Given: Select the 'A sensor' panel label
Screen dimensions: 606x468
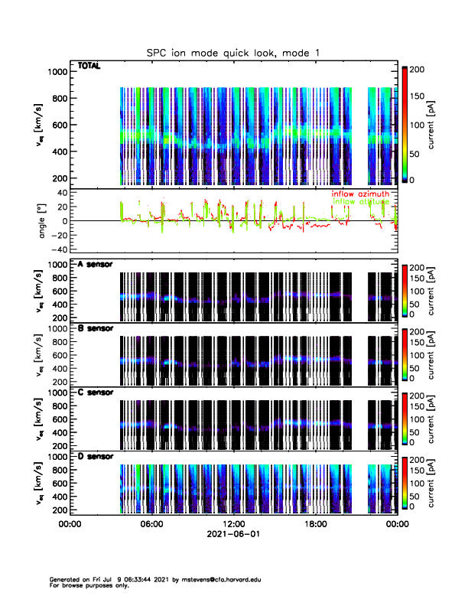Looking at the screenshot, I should [96, 265].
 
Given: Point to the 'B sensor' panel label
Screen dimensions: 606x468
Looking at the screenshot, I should [96, 329].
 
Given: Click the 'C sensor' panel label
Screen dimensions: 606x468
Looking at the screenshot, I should [96, 393].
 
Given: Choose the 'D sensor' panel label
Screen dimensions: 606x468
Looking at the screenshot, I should [96, 457].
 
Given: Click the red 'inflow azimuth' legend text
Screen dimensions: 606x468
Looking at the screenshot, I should [359, 194].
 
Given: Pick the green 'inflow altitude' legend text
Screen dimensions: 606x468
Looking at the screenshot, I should [359, 202].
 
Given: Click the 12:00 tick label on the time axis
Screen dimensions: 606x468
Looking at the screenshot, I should [233, 525].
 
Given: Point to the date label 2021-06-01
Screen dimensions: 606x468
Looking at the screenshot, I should [233, 536].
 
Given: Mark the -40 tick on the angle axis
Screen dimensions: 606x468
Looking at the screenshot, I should [57, 250].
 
